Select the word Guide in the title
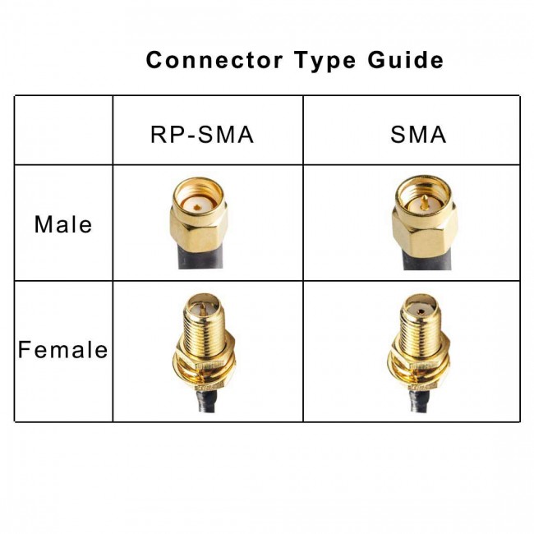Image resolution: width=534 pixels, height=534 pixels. pyautogui.click(x=405, y=60)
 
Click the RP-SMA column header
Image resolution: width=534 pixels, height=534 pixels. pyautogui.click(x=201, y=133)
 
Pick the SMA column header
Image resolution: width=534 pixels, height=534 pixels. pyautogui.click(x=418, y=133)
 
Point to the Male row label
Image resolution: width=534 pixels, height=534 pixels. pyautogui.click(x=63, y=223)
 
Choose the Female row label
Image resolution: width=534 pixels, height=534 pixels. pyautogui.click(x=63, y=350)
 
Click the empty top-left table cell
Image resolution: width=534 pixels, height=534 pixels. pyautogui.click(x=63, y=130)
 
